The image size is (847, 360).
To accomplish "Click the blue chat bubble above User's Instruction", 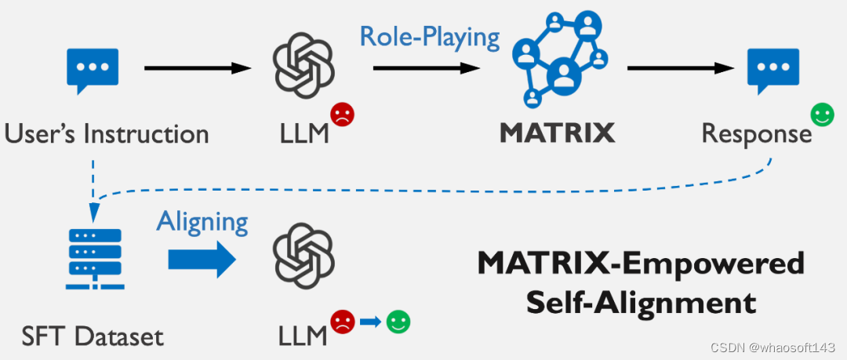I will point(93,70).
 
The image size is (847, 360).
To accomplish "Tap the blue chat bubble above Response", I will point(772,70).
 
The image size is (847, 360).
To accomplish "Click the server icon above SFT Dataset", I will point(93,258).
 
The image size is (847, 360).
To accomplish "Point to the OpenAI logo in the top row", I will point(303,69).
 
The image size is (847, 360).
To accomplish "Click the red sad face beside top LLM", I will point(342,115).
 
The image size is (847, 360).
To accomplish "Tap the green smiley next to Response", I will point(822,116).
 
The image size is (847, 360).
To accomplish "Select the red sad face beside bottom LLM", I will point(342,321).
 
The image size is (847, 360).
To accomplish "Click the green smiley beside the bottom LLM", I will point(398,321).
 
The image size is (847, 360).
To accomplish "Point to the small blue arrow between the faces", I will point(370,322).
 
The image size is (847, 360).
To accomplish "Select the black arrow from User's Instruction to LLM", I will point(197,69).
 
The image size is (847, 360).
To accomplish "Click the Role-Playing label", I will point(430,36).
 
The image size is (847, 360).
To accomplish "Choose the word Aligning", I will point(202,221).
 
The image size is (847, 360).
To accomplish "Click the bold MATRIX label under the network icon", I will point(558,133).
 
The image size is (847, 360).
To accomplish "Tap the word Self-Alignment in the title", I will point(642,300).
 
